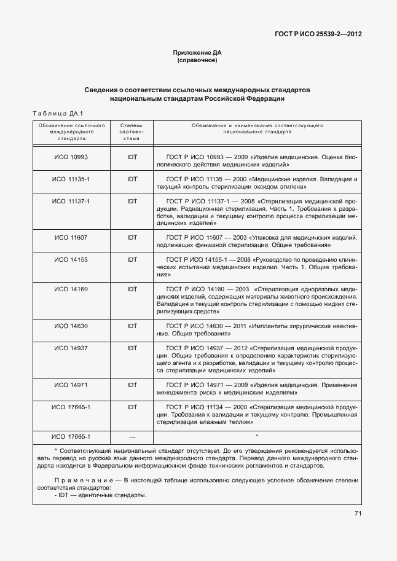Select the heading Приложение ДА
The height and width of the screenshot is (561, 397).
(197, 53)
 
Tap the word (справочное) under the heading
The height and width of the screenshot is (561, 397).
(197, 61)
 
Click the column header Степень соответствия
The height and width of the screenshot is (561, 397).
(132, 131)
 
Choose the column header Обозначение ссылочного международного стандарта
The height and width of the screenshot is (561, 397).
(71, 131)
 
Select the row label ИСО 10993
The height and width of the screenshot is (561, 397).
(71, 157)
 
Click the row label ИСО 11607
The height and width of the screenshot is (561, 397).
(71, 237)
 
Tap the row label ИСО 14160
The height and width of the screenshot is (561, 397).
(71, 288)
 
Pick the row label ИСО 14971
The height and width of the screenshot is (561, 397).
(71, 384)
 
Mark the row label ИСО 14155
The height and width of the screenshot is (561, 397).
(71, 260)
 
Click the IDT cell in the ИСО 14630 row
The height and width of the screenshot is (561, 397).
(132, 326)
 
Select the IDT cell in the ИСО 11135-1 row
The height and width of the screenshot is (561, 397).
(132, 179)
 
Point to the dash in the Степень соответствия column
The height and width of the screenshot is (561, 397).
(132, 436)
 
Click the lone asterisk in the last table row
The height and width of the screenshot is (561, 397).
(256, 436)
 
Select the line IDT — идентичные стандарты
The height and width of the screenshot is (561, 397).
(100, 495)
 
